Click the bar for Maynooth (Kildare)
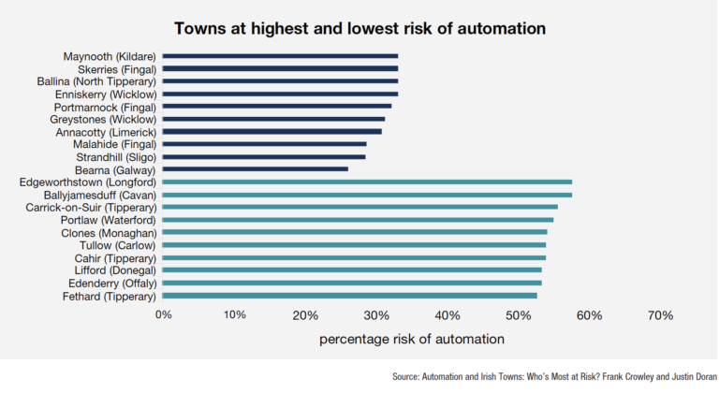pyautogui.click(x=280, y=56)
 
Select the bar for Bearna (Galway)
pyautogui.click(x=255, y=169)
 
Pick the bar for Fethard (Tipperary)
pyautogui.click(x=349, y=296)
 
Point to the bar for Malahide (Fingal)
pyautogui.click(x=264, y=144)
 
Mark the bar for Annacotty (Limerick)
pyautogui.click(x=271, y=131)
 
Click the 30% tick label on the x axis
pyautogui.click(x=376, y=315)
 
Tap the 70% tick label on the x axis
pyautogui.click(x=660, y=315)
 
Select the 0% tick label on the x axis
pyautogui.click(x=164, y=315)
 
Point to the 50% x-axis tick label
pyautogui.click(x=518, y=315)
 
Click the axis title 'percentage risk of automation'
pyautogui.click(x=412, y=338)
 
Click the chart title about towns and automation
pyautogui.click(x=359, y=28)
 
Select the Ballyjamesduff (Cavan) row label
pyautogui.click(x=96, y=195)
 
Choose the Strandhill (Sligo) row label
pyautogui.click(x=114, y=156)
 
